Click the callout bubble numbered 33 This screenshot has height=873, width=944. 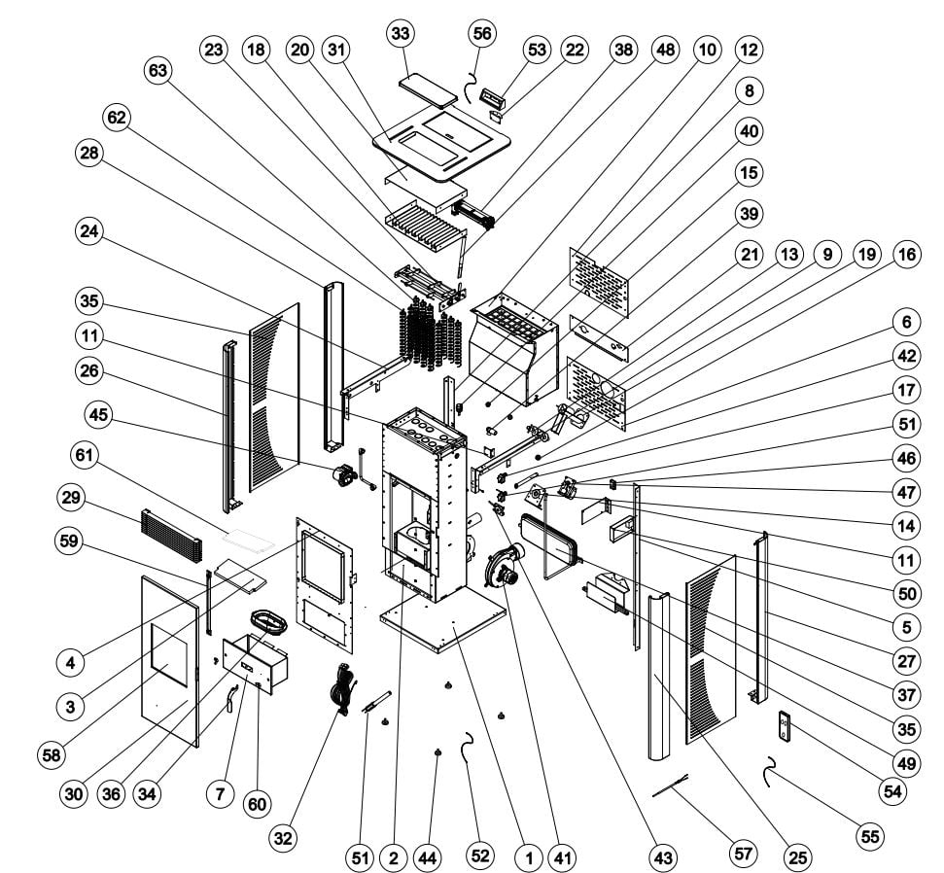401,33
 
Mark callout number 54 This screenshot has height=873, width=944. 891,791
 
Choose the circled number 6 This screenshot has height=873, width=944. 905,321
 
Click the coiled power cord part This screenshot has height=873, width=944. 341,688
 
